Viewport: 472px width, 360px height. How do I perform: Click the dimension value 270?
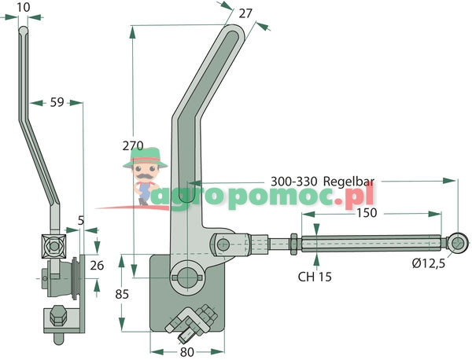coord(134,145)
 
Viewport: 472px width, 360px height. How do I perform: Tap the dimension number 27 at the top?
coord(244,13)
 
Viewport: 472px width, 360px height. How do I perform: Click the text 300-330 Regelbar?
coord(322,180)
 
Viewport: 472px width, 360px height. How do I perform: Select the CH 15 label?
coord(315,277)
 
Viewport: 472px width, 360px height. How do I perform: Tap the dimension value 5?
coord(81,222)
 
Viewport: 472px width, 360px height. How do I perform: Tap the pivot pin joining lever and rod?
coord(223,244)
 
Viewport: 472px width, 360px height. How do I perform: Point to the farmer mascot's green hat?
coord(145,155)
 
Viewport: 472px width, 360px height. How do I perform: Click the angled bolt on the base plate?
coord(194,321)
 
